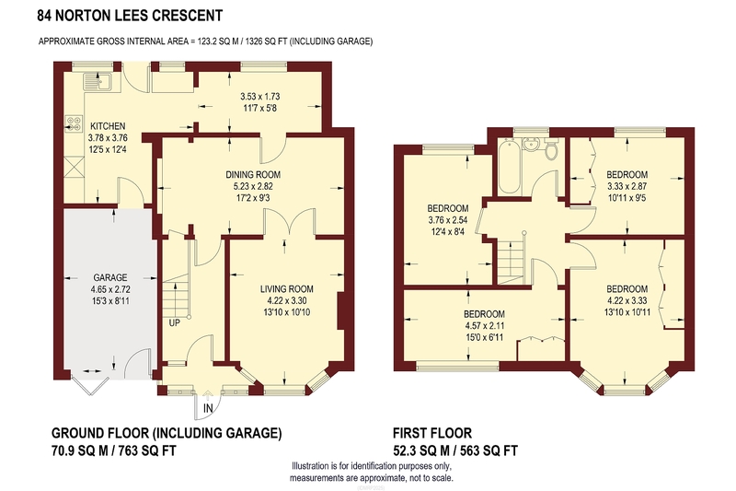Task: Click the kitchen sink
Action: point(97,82)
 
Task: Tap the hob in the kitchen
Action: point(73,123)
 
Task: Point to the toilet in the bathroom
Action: point(551,148)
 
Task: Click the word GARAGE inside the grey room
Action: point(110,277)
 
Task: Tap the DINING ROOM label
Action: point(253,175)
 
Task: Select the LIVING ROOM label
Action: point(287,289)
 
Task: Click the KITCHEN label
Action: point(108,126)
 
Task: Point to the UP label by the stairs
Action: point(175,322)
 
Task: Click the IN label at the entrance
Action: point(208,408)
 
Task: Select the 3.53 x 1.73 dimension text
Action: point(260,97)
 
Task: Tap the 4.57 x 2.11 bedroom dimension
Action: point(484,325)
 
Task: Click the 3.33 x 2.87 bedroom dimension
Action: point(627,186)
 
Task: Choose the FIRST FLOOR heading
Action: point(432,432)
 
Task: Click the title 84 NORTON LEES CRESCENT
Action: point(130,16)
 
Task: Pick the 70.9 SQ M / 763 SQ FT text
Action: point(113,451)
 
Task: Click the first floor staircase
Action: point(511,262)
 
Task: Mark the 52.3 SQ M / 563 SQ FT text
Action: point(455,451)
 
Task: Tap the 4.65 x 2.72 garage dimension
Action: point(110,289)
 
